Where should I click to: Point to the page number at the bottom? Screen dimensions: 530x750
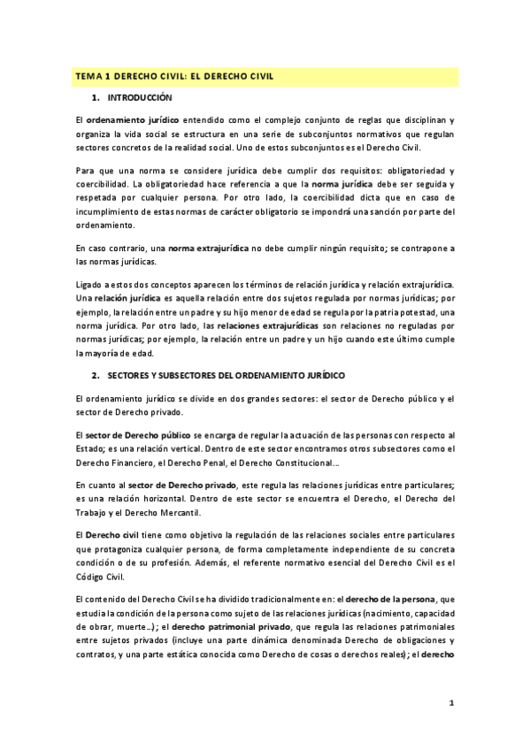pos(451,704)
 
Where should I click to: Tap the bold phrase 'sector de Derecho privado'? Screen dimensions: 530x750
pos(184,485)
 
